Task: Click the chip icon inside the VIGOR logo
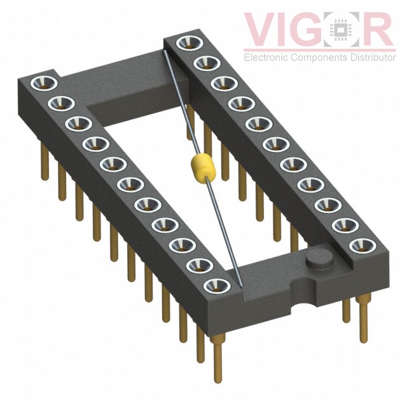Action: pyautogui.click(x=341, y=30)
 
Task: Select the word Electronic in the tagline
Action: pyautogui.click(x=266, y=57)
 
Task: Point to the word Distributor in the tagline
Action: pyautogui.click(x=373, y=57)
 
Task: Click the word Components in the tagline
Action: pyautogui.click(x=319, y=57)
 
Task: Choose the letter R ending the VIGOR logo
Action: pyautogui.click(x=376, y=29)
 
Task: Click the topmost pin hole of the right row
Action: pyautogui.click(x=190, y=43)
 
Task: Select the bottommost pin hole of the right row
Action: pyautogui.click(x=362, y=245)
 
